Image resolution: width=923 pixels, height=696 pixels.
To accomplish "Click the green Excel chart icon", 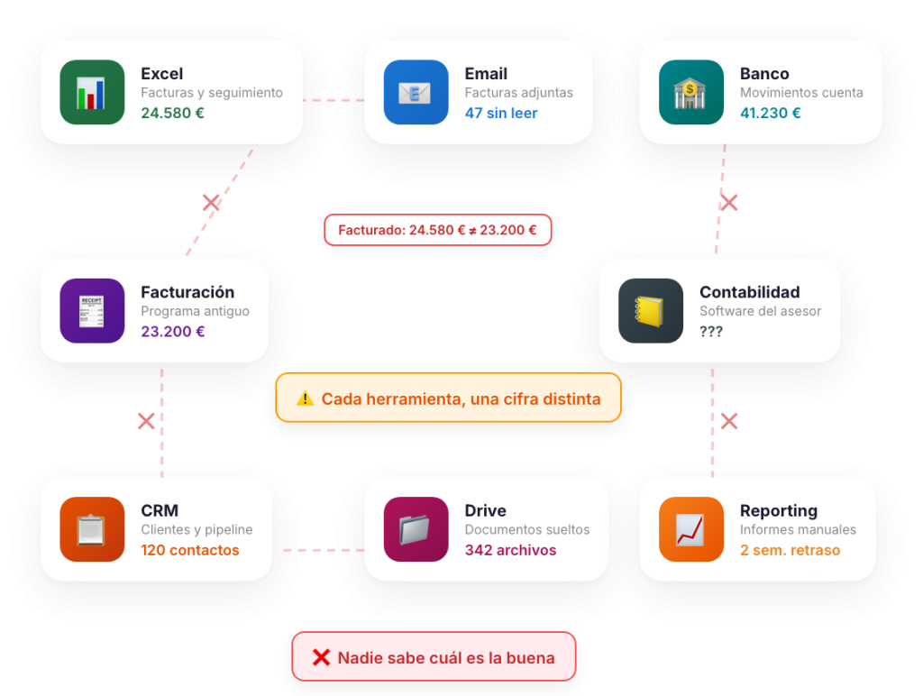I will (92, 92).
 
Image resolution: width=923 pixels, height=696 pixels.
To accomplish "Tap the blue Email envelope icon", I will (416, 92).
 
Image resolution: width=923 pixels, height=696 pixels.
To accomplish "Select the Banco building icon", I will (690, 92).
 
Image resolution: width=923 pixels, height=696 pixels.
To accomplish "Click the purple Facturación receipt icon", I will (92, 311).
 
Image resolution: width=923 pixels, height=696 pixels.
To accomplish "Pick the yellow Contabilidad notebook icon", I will (651, 311).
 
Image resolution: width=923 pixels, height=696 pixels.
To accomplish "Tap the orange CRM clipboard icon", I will (92, 529).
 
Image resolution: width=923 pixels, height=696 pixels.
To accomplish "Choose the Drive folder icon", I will (416, 529).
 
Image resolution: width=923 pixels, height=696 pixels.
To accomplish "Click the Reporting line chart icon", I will (690, 529).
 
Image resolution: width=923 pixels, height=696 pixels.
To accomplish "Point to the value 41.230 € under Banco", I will (770, 114).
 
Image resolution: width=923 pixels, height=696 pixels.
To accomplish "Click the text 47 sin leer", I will (500, 114).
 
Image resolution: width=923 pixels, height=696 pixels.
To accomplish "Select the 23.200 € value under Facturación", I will (172, 332).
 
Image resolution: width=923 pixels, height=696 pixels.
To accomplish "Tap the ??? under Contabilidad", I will (711, 332).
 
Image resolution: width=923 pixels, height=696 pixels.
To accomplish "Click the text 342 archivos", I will (510, 550).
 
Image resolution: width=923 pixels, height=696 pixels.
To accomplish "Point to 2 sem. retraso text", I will (790, 550).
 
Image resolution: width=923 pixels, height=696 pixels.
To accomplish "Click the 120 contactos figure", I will (189, 550).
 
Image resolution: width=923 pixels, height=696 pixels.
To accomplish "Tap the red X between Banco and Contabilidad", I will (729, 203).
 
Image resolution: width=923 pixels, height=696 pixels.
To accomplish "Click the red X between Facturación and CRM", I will (146, 420).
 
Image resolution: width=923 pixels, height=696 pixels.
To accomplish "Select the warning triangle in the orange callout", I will (305, 398).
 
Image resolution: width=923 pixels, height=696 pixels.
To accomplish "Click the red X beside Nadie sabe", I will (320, 657).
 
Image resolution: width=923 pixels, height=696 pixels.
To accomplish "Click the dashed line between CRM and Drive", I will (322, 550).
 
